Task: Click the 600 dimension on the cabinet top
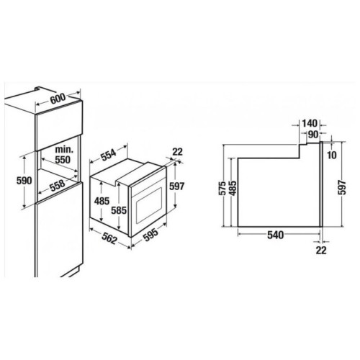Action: (58, 98)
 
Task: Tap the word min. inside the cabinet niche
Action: (64, 150)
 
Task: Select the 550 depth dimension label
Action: (63, 160)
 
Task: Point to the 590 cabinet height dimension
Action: (24, 181)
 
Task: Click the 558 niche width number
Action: (58, 185)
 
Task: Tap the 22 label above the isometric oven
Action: (178, 151)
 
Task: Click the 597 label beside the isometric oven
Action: (176, 186)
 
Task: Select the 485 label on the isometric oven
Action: (102, 201)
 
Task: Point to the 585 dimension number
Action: (119, 210)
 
